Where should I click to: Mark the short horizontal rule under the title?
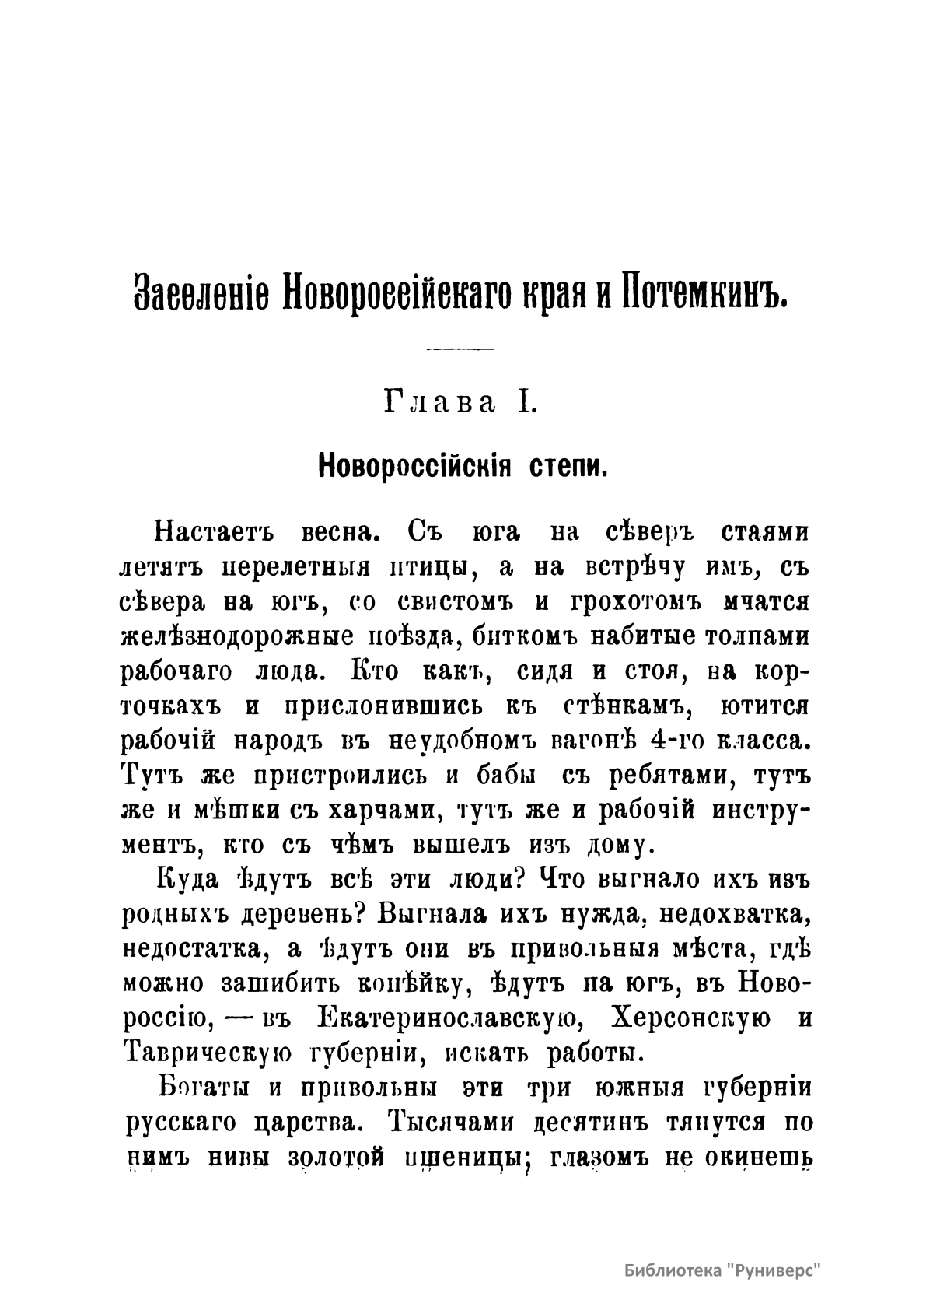(461, 349)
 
